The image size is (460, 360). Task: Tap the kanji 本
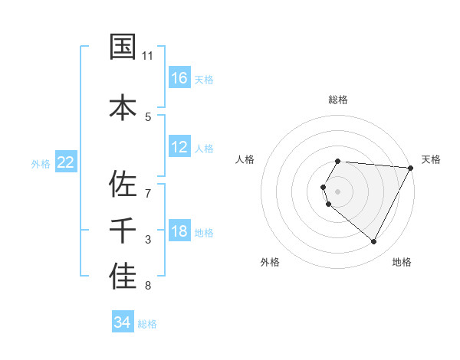[x=123, y=106]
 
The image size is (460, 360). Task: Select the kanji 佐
[x=123, y=184]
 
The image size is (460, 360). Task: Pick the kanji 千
[x=123, y=231]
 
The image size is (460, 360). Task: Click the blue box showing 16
[x=179, y=77]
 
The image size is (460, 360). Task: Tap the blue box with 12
[x=179, y=147]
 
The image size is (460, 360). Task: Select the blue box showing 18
[x=179, y=231]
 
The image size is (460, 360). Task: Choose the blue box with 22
[x=66, y=162]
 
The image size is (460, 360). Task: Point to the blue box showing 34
[x=123, y=322]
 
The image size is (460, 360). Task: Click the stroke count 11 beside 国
[x=148, y=56]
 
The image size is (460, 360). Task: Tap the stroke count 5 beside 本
[x=148, y=116]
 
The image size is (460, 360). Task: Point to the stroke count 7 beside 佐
[x=148, y=186]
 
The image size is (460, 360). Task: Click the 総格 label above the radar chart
[x=338, y=100]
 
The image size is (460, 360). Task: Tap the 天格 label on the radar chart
[x=432, y=159]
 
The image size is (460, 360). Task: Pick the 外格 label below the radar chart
[x=270, y=263]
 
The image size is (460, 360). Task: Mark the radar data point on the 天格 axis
[x=411, y=168]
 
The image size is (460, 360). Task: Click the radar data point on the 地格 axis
[x=374, y=242]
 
